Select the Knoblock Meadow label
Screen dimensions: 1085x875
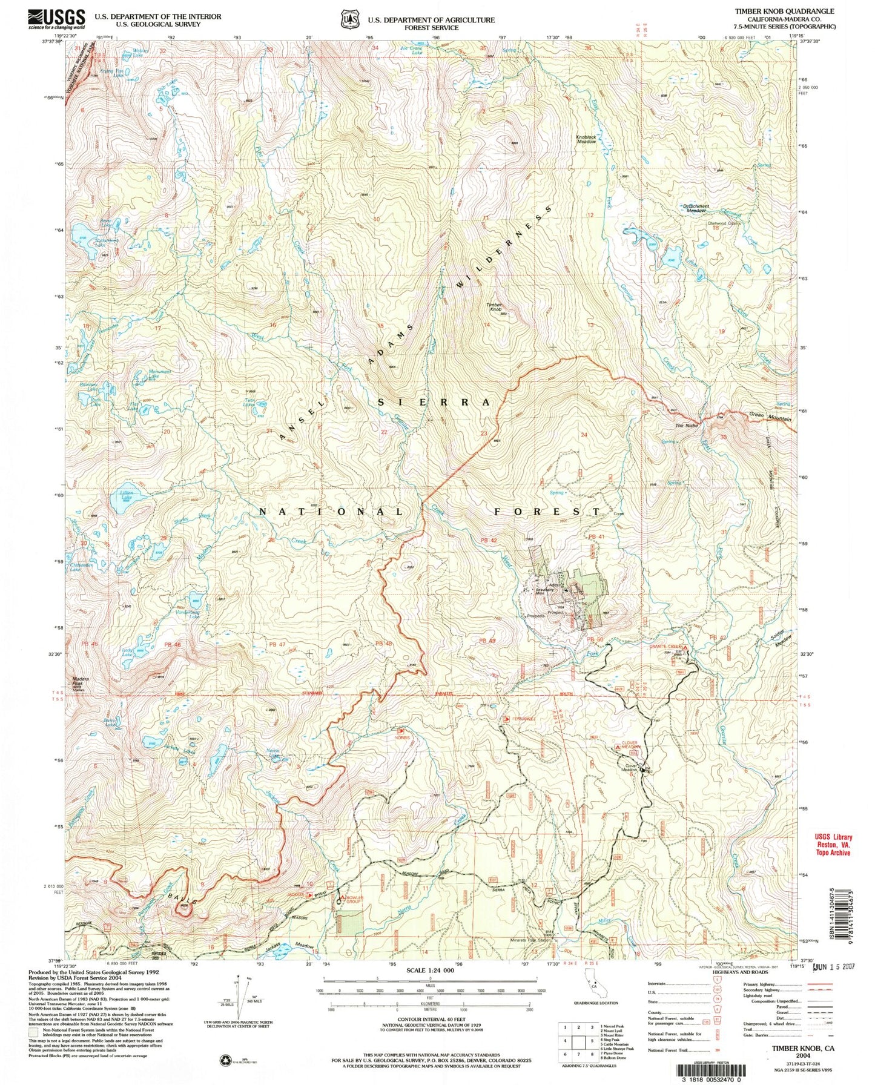tap(586, 138)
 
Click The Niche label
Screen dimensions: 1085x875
tap(687, 426)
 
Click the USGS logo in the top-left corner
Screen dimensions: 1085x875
tap(54, 19)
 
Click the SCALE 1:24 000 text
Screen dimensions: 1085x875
tap(431, 970)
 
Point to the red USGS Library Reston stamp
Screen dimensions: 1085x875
tap(833, 843)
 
